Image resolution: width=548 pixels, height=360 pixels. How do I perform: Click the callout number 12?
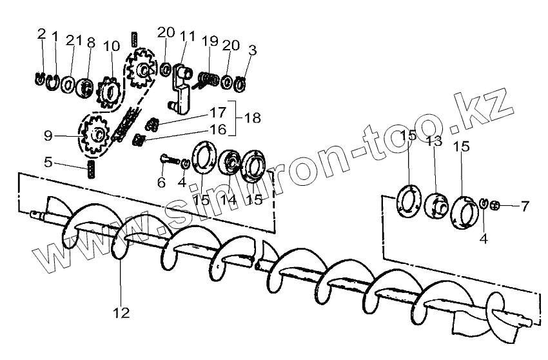tap(121, 313)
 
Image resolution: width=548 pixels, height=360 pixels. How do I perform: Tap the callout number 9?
tap(48, 136)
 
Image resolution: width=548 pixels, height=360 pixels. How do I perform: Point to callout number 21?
tap(74, 41)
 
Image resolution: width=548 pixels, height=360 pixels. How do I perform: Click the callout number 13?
tap(433, 141)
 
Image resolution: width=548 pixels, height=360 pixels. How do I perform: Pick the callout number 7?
tap(525, 207)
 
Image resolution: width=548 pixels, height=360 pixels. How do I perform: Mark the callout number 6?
tap(162, 183)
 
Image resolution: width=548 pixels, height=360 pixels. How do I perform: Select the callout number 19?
tap(210, 42)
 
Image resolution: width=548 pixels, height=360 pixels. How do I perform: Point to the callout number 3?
tap(252, 49)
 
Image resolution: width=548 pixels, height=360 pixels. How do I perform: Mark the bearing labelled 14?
tap(230, 165)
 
